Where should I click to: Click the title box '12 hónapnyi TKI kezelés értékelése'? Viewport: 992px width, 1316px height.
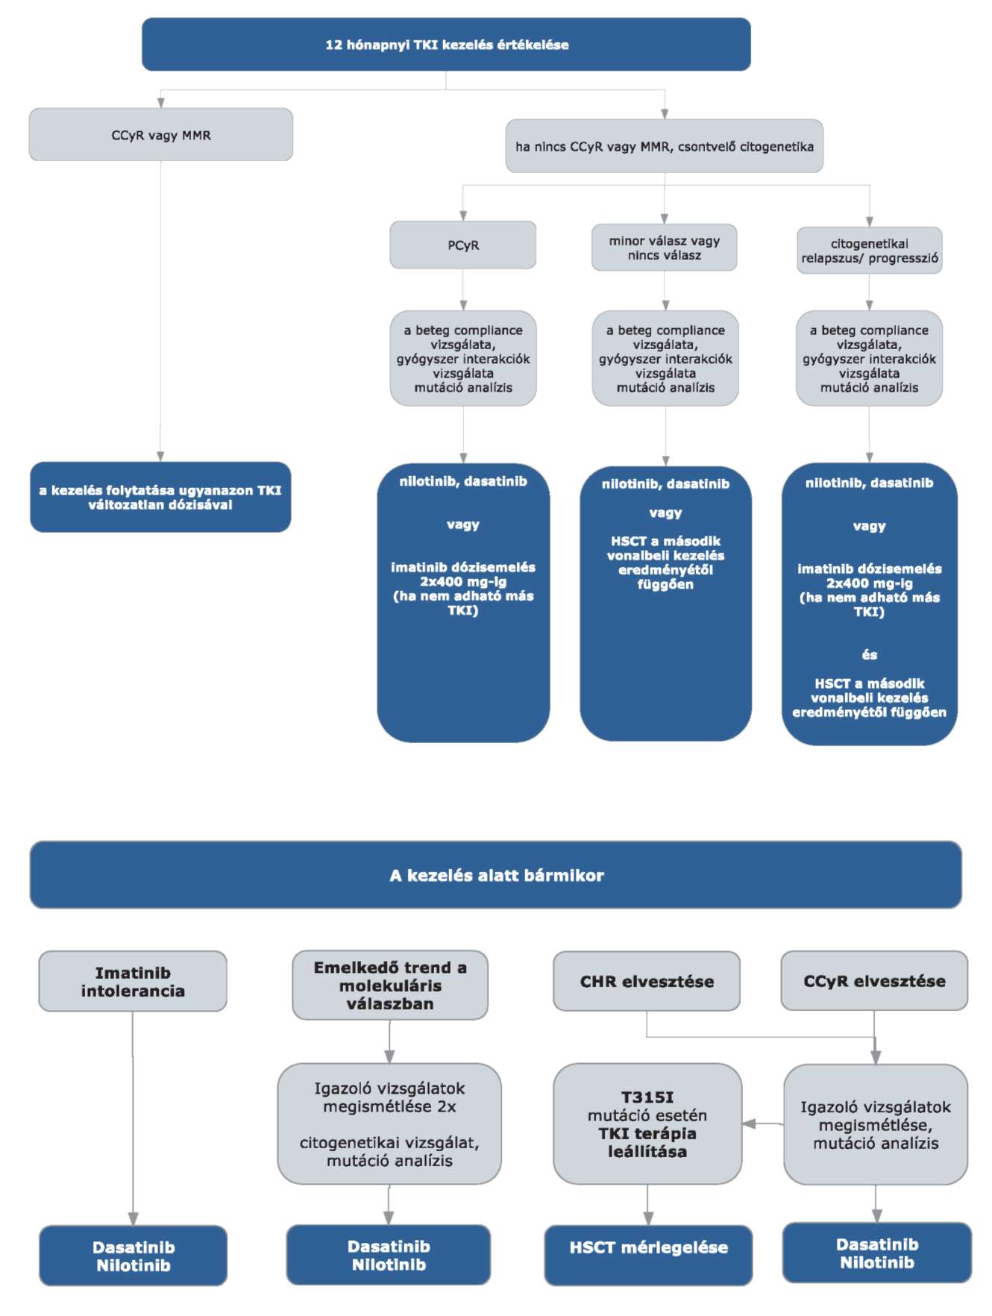446,45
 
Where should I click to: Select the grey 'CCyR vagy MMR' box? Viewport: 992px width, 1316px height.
161,135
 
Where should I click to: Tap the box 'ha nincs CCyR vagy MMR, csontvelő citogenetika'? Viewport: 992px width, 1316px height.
665,146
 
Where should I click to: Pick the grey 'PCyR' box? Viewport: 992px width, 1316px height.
463,245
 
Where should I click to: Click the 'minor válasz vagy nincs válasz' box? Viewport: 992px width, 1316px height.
665,248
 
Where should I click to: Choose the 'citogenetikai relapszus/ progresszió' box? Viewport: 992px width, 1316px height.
870,251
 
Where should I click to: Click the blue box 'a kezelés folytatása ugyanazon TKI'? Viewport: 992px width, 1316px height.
160,497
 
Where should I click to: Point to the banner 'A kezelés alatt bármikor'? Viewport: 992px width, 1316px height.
496,875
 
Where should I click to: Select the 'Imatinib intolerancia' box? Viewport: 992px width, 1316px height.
133,981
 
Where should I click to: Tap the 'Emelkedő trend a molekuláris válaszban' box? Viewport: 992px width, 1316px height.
390,985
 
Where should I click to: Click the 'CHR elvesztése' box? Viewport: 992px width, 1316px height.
647,981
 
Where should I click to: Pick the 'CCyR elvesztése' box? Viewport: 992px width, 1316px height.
874,981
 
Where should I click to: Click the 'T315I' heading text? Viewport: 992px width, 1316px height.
647,1097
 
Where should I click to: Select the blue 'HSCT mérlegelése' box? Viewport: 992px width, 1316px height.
648,1256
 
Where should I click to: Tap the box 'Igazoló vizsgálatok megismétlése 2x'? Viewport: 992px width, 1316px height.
389,1124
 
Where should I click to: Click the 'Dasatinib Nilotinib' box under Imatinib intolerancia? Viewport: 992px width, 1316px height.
134,1256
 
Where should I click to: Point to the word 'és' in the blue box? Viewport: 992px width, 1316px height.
870,655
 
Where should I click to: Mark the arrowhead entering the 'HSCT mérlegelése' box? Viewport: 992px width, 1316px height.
648,1218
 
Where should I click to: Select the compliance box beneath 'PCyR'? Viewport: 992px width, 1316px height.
463,358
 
